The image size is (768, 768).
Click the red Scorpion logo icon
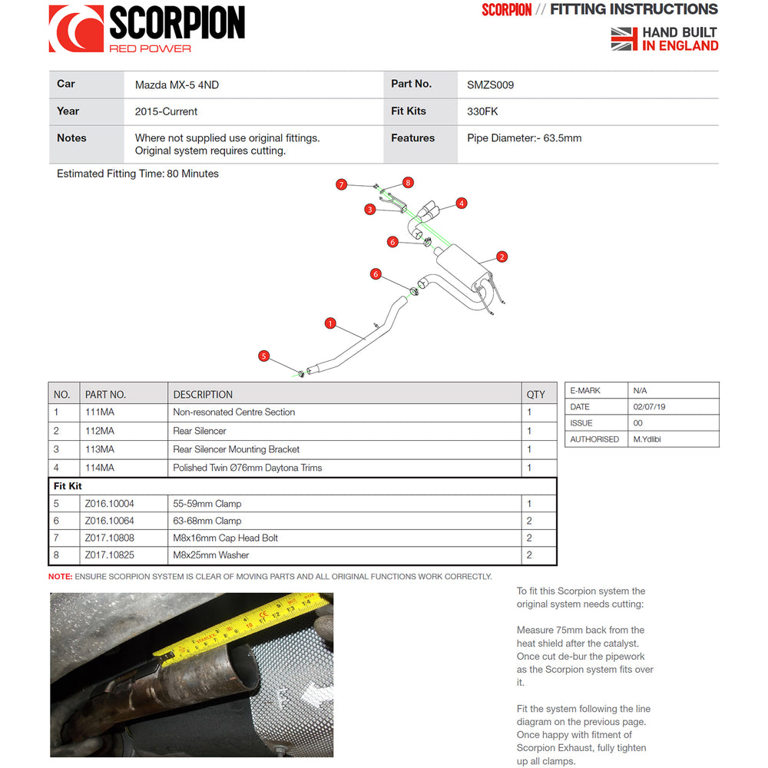(x=75, y=29)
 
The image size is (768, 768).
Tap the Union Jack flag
(x=624, y=39)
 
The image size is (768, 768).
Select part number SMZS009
(x=490, y=85)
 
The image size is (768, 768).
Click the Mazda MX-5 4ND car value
(x=177, y=85)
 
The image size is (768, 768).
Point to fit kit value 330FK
(x=482, y=111)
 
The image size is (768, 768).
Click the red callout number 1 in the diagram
(x=330, y=323)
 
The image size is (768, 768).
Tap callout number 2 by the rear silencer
(x=502, y=257)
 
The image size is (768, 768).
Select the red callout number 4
(x=461, y=204)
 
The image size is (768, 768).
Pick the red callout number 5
(x=264, y=356)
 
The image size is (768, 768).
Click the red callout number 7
(x=342, y=184)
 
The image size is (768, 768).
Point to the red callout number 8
(x=408, y=183)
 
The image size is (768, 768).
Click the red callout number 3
(x=369, y=209)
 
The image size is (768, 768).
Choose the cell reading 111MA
(x=100, y=412)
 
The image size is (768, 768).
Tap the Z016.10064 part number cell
(x=110, y=521)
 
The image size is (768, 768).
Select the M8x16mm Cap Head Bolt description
(x=225, y=538)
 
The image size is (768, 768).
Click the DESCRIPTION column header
(x=203, y=395)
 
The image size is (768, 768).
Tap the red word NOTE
(x=60, y=577)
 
